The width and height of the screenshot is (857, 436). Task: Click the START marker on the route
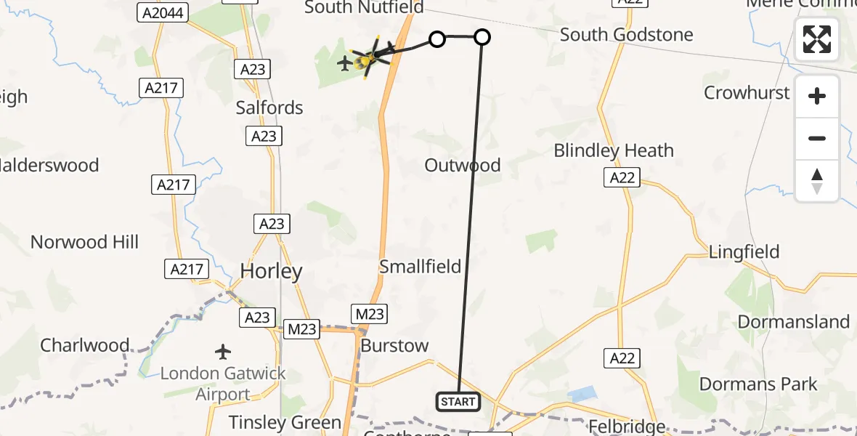tap(458, 401)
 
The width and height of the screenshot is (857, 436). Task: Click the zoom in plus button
tap(817, 96)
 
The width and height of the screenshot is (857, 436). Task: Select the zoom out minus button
tap(817, 138)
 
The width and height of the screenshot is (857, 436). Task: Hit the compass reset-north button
tap(817, 180)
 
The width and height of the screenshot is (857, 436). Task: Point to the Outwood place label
tap(463, 165)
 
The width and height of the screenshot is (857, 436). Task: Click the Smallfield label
tap(421, 267)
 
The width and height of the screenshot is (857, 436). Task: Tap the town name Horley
tap(271, 272)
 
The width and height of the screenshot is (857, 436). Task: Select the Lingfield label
tap(744, 252)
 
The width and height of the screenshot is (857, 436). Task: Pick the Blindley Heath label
tap(614, 150)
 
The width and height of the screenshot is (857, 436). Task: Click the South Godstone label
tap(626, 34)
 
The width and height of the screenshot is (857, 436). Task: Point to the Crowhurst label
tap(747, 92)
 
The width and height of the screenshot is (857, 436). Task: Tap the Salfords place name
tap(269, 108)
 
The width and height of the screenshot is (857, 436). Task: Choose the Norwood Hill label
tap(84, 242)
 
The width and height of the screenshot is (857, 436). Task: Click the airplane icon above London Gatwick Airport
tap(224, 352)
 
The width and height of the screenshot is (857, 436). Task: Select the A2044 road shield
tap(163, 12)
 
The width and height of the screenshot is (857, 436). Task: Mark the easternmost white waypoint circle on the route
tap(482, 37)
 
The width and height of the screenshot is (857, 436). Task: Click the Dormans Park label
tap(758, 384)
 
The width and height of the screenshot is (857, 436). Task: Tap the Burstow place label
tap(394, 345)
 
